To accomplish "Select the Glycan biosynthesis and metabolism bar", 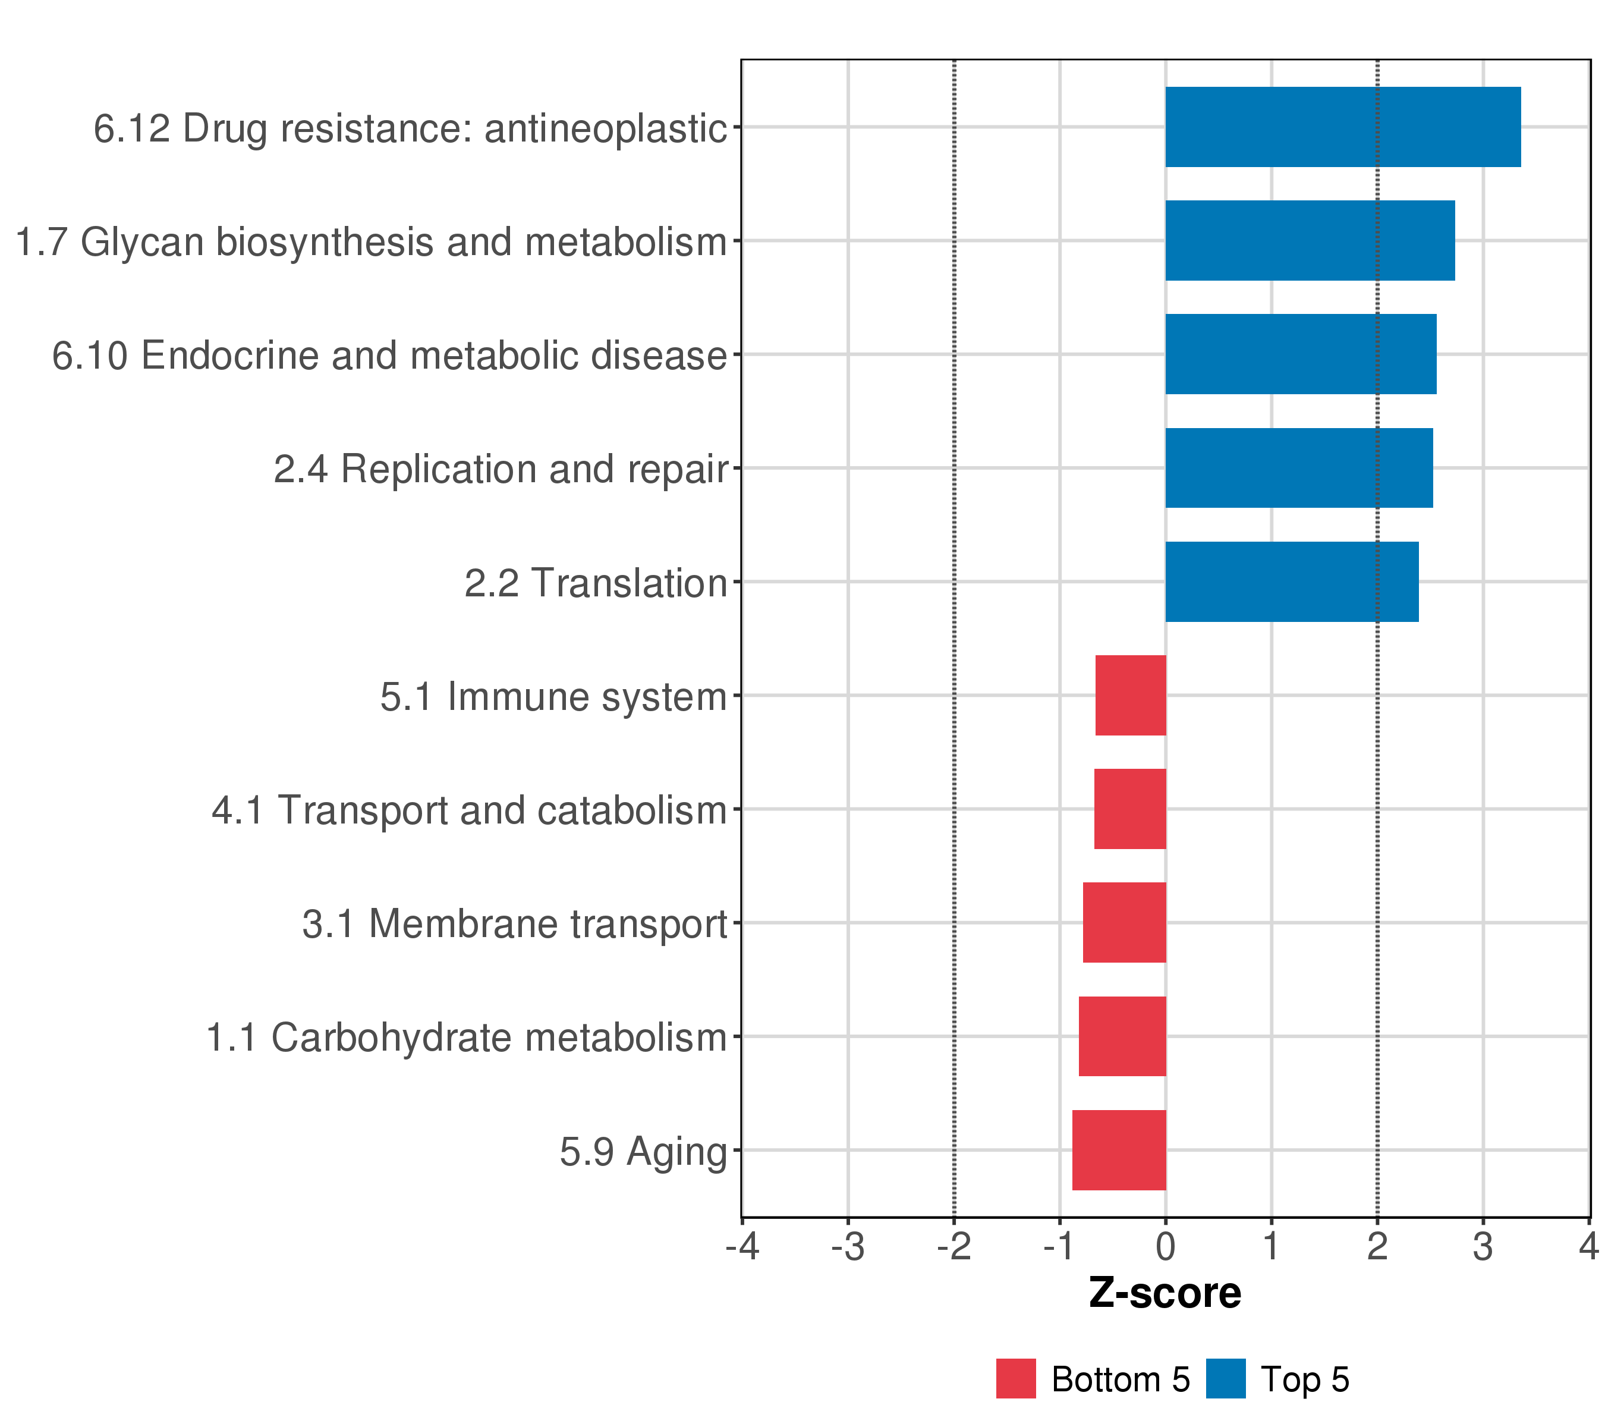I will [x=1309, y=240].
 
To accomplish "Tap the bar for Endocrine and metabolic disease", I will [x=1300, y=354].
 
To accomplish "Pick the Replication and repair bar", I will [x=1298, y=468].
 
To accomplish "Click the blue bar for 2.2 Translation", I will [x=1291, y=582].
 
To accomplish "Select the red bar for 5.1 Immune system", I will [x=1130, y=695].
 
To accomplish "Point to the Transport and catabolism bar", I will [x=1129, y=809].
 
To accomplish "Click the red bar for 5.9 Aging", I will [x=1118, y=1150].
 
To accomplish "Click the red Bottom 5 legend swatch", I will [x=1015, y=1378].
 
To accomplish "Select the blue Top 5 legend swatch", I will [x=1225, y=1378].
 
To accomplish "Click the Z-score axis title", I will [x=1165, y=1293].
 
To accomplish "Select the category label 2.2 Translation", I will [x=595, y=583].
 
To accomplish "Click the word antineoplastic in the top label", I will [x=605, y=129].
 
